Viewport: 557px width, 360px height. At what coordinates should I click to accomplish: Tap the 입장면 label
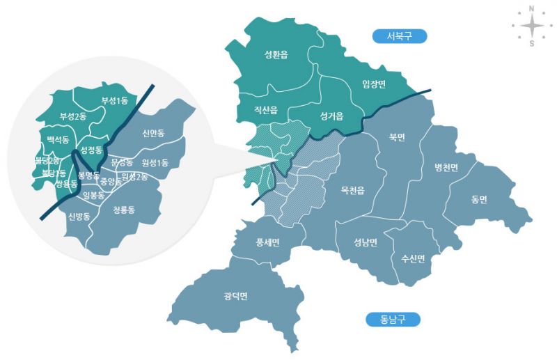[374, 84]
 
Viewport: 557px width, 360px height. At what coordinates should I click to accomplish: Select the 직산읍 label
[266, 110]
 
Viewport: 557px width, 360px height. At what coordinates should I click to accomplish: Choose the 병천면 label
[446, 167]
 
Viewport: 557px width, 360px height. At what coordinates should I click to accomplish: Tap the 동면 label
[478, 199]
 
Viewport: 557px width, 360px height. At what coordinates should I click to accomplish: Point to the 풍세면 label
[268, 242]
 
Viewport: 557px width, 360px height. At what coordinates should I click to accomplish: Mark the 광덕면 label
[236, 297]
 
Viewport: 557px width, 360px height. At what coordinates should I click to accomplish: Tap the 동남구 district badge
[392, 320]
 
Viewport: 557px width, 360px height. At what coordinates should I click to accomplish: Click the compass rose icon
[531, 26]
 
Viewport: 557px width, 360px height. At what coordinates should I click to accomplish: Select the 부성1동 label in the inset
[115, 101]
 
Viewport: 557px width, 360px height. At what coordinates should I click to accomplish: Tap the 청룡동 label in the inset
[123, 209]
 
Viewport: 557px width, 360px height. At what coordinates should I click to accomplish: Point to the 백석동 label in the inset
[58, 140]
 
